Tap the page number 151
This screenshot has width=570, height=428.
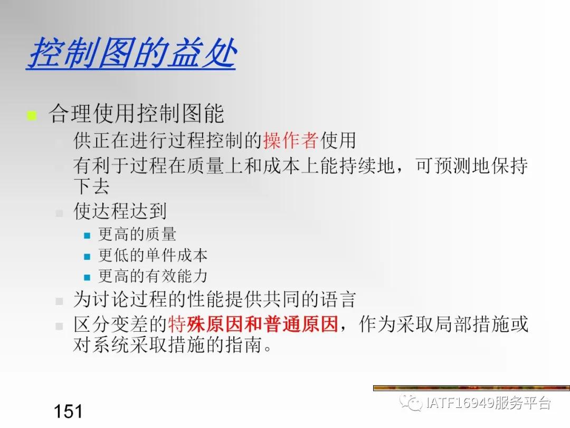tap(68, 411)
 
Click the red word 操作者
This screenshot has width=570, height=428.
tap(291, 141)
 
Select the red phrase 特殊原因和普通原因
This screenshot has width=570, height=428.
tap(253, 324)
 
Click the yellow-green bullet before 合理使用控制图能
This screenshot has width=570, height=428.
tap(32, 115)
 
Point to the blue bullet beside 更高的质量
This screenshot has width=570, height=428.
tap(88, 236)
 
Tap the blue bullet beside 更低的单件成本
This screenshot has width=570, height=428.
tap(88, 256)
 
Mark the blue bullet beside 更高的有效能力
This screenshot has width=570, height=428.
tap(88, 277)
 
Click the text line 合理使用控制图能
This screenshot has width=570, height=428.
tap(136, 114)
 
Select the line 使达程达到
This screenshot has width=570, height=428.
tap(120, 211)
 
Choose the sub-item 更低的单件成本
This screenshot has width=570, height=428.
tap(153, 256)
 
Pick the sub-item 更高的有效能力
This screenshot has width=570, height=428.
tap(153, 276)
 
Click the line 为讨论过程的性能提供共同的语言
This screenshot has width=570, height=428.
tap(214, 300)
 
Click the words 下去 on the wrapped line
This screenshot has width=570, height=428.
tap(91, 187)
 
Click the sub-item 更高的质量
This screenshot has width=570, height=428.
tap(137, 235)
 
